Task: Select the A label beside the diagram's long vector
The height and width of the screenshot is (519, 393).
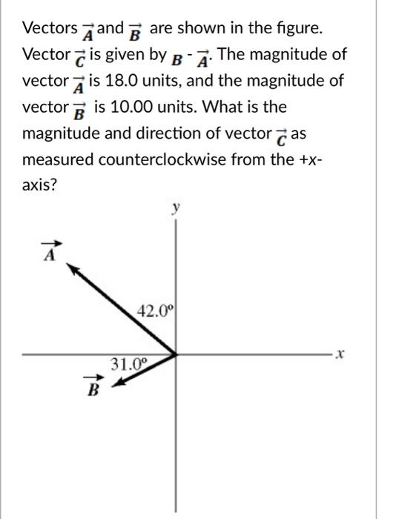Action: (50, 253)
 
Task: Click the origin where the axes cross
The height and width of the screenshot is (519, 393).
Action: (176, 354)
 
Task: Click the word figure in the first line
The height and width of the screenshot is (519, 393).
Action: (304, 28)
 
